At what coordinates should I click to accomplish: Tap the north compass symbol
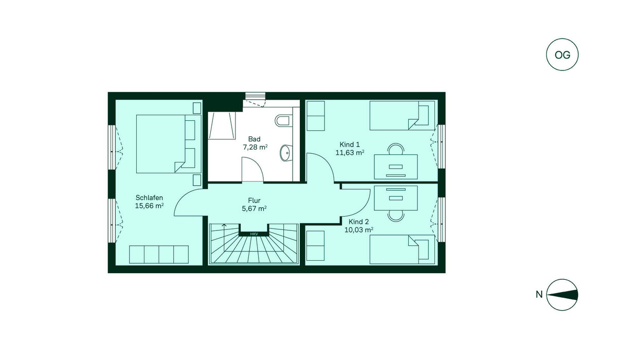coord(562,295)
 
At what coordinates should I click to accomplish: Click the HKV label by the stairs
coord(254,234)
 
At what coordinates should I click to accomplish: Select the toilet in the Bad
coord(282,121)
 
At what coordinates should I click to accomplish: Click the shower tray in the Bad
coord(222,125)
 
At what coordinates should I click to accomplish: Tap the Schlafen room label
coord(149,197)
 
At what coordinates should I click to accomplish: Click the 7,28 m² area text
coord(255,148)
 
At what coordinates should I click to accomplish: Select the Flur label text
coord(254,201)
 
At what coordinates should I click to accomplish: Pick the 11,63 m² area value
coord(350,153)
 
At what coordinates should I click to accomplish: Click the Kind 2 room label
coord(358,222)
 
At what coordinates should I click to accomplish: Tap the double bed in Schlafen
coord(169,144)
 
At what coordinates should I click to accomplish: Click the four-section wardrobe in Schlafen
coord(159,255)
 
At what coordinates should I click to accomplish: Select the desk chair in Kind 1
coord(395,149)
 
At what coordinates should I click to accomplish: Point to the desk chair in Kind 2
coord(395,216)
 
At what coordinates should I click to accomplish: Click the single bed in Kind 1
coord(402,115)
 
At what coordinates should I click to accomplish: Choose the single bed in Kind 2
coord(402,249)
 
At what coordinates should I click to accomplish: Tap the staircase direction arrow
coord(224,225)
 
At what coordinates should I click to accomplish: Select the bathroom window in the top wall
coord(256,96)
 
